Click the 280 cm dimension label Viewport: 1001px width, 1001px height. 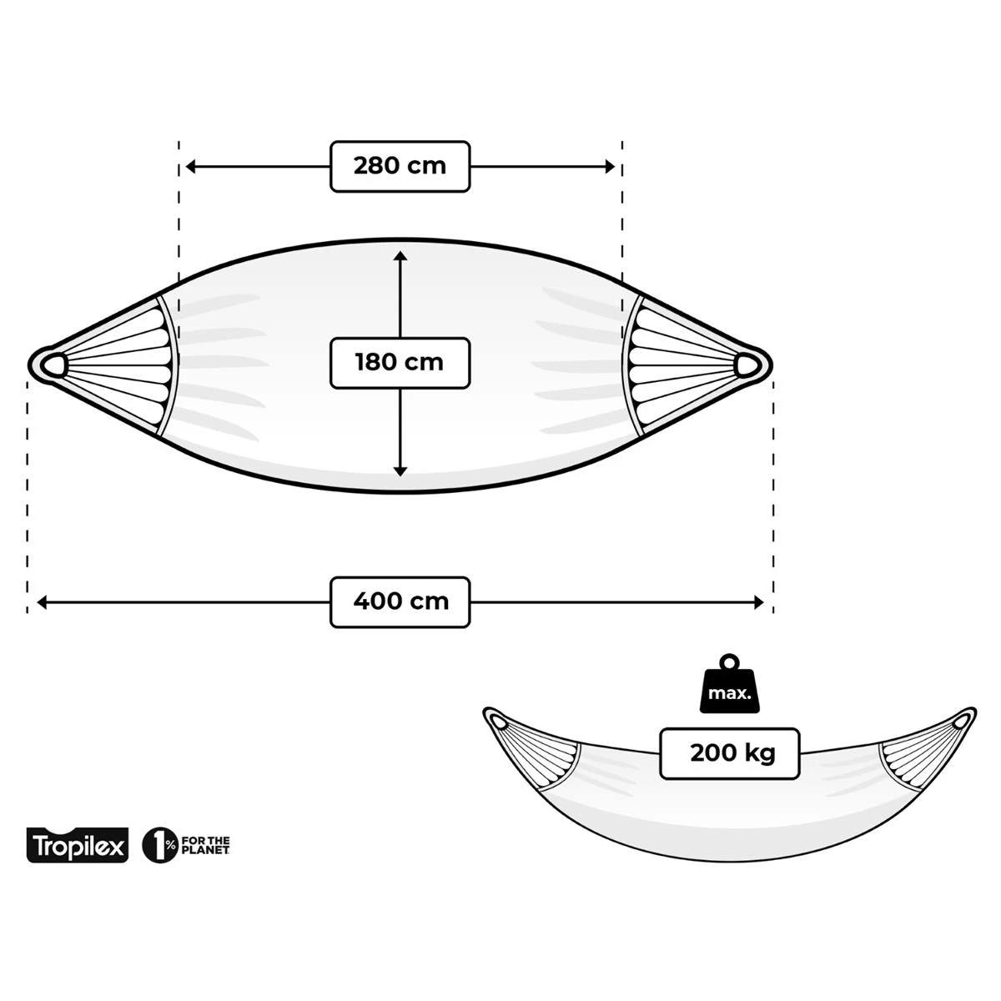click(x=400, y=166)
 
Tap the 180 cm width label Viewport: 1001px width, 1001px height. click(x=400, y=363)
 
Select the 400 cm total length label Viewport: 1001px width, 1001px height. click(x=400, y=602)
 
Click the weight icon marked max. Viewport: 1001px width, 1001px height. click(x=729, y=685)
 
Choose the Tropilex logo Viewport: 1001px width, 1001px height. click(x=78, y=846)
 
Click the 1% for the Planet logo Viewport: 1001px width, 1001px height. click(x=186, y=846)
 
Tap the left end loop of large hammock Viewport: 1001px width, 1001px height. click(x=54, y=364)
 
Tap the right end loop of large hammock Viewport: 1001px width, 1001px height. click(x=747, y=364)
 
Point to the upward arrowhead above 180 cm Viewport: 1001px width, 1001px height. click(x=400, y=256)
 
